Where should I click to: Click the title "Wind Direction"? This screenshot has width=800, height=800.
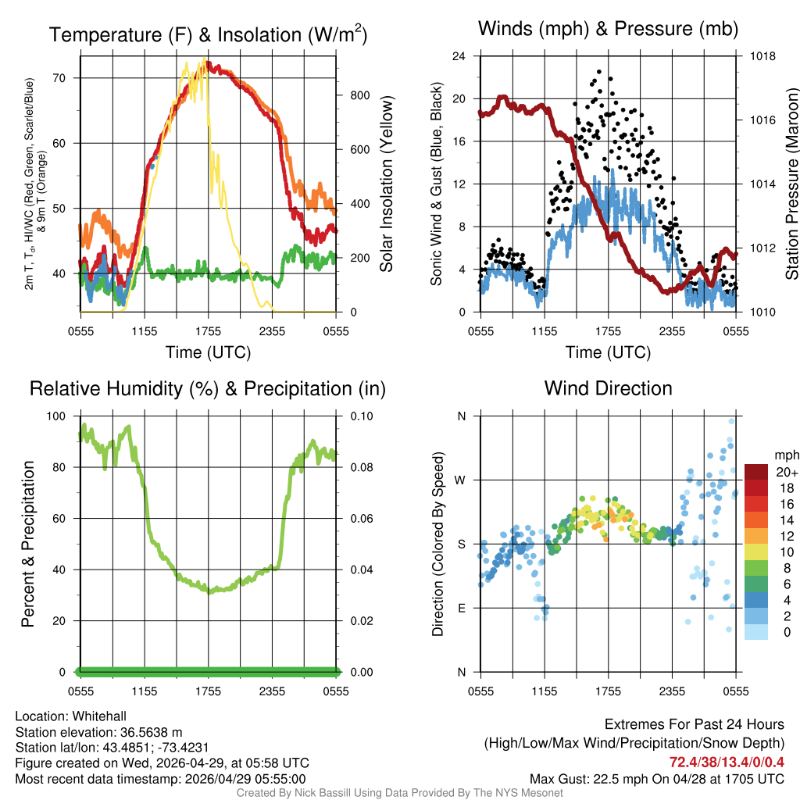click(608, 388)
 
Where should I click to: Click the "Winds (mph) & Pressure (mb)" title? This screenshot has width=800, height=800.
click(608, 30)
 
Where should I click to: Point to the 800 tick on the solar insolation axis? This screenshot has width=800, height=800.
click(359, 95)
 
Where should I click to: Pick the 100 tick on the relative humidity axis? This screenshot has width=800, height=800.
click(59, 416)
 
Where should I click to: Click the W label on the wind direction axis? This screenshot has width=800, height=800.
click(461, 480)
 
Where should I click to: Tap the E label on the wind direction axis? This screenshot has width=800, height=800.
click(462, 608)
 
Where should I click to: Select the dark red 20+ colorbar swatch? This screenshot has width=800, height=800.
click(757, 472)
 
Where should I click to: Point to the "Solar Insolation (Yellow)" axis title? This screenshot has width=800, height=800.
click(387, 184)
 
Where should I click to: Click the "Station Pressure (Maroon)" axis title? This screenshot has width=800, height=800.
click(791, 184)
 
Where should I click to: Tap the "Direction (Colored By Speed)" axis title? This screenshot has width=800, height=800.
click(437, 544)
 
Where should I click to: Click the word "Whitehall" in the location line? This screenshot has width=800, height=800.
click(99, 716)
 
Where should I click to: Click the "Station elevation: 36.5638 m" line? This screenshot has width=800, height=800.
click(98, 732)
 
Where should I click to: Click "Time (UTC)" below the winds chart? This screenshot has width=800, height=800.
click(608, 352)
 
